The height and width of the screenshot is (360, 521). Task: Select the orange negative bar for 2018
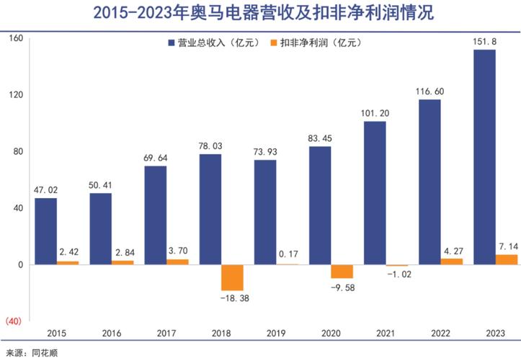[233, 277]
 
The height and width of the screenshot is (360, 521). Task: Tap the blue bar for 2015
[45, 231]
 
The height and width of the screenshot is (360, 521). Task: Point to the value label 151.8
[484, 42]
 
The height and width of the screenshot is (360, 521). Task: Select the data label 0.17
[288, 253]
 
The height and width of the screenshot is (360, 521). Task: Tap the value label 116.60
[429, 91]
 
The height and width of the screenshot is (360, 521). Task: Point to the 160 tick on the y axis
[17, 39]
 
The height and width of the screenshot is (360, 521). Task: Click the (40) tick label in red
[16, 321]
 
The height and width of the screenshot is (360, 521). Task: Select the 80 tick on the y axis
[19, 152]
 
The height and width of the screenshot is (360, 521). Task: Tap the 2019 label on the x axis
[277, 333]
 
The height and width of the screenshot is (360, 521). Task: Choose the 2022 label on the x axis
[442, 333]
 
